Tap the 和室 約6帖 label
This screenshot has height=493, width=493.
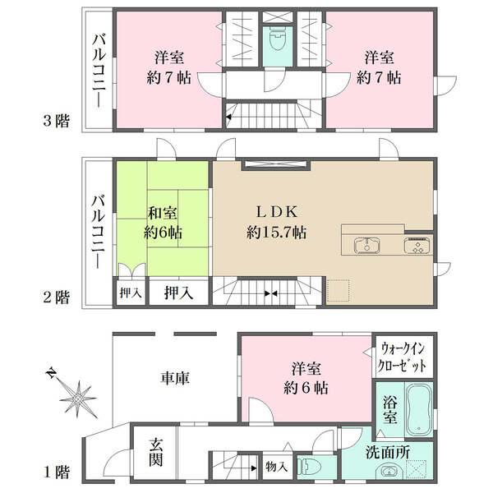[x=164, y=220]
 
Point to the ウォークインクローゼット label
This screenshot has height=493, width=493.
[x=403, y=356]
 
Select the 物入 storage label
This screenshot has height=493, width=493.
[x=276, y=467]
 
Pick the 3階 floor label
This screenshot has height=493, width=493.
[x=56, y=122]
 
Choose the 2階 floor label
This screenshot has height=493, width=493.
[x=56, y=297]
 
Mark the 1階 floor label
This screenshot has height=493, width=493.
[x=56, y=473]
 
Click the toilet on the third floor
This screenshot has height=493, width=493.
[x=274, y=41]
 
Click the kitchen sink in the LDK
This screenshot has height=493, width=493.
[x=365, y=245]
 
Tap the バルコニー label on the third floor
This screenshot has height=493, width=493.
[x=98, y=70]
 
